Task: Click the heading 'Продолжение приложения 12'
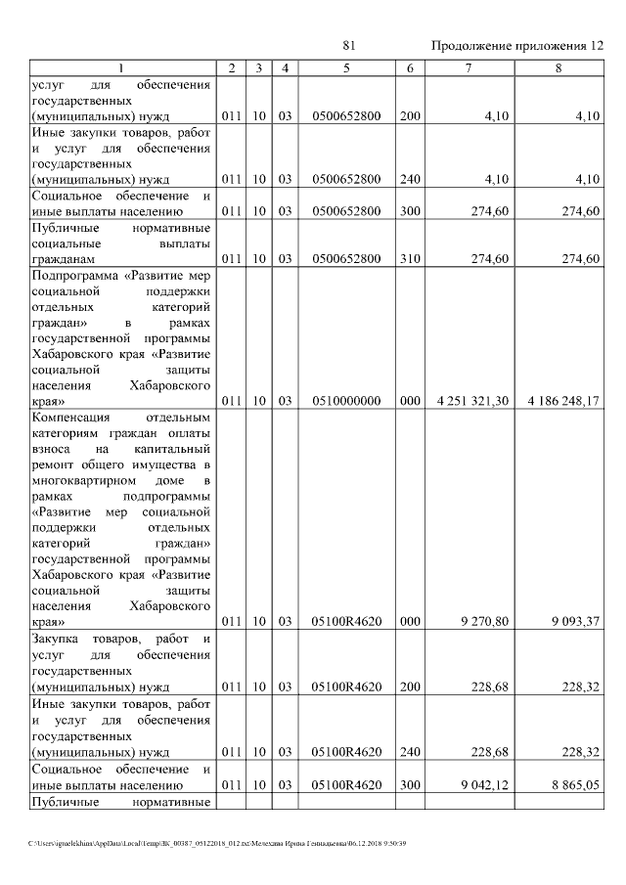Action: [517, 47]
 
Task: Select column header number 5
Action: [346, 67]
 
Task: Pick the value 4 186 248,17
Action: [562, 401]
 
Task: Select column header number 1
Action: [121, 67]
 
